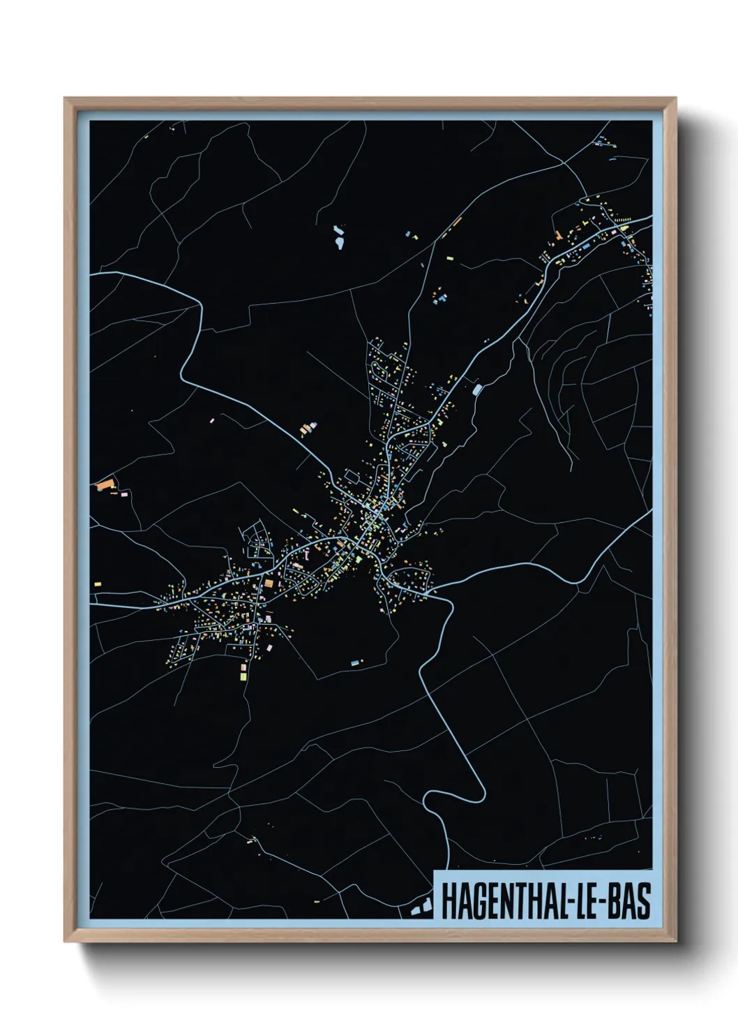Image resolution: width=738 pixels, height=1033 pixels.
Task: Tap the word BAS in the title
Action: [629, 902]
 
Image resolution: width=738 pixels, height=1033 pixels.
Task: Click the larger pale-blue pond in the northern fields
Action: [340, 243]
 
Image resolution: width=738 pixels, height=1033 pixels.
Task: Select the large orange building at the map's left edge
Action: [105, 483]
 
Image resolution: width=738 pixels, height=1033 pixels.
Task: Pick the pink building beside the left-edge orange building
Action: [126, 493]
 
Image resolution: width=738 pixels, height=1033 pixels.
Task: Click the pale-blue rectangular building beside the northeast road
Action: [477, 389]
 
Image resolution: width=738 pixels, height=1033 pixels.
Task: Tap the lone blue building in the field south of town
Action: [355, 660]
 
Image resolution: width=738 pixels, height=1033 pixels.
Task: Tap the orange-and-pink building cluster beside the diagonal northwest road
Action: [308, 429]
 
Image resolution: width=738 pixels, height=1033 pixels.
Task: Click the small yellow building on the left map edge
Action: [98, 584]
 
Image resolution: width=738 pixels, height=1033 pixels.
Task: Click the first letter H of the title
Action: [447, 902]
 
